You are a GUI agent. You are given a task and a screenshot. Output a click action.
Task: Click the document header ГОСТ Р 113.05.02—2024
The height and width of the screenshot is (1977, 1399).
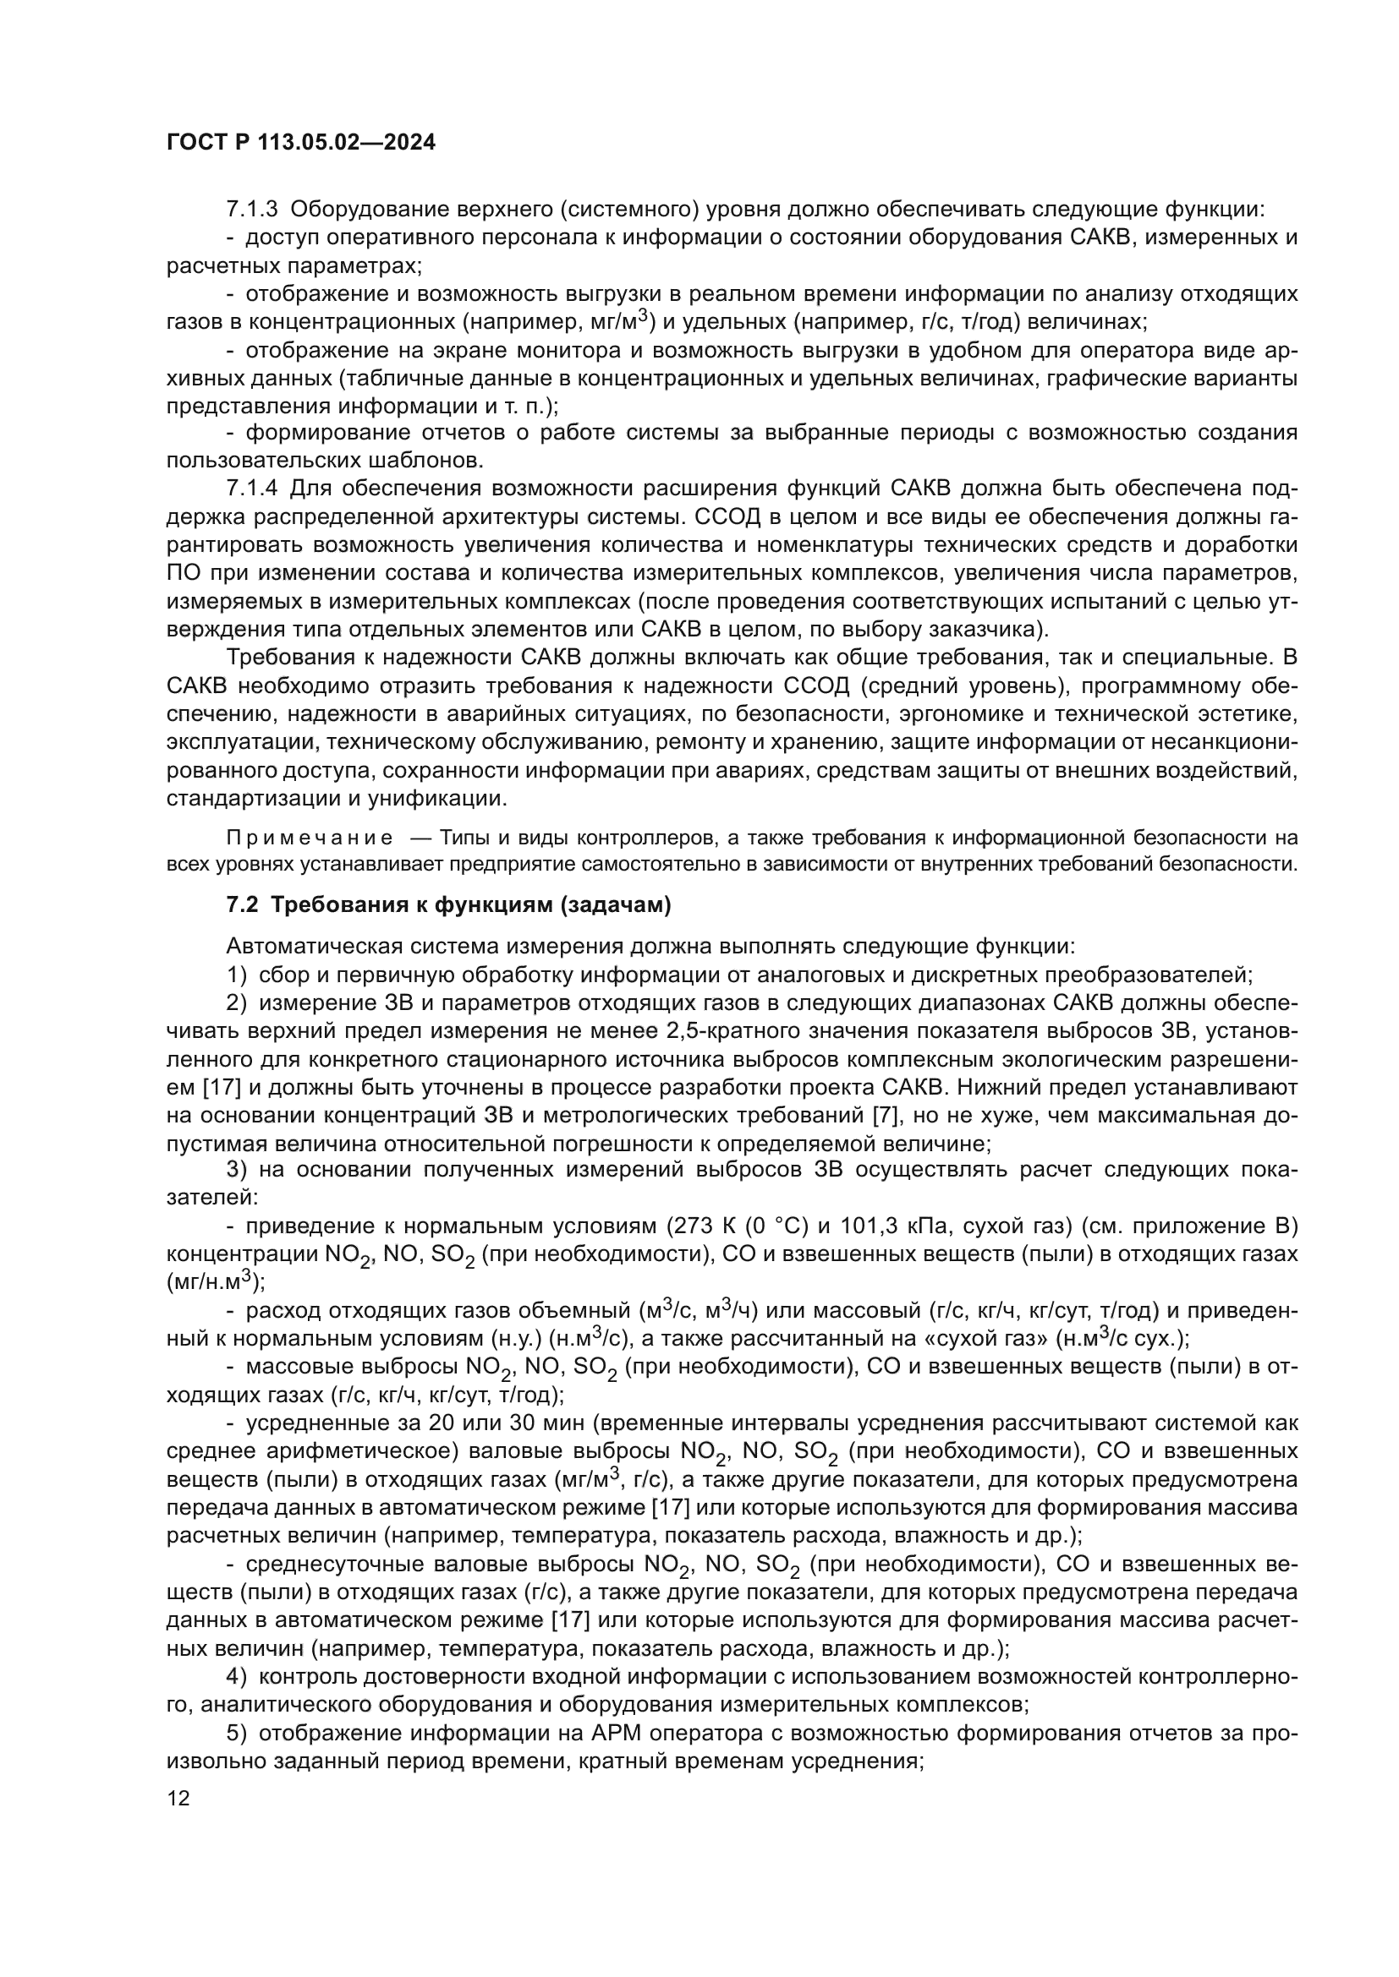(300, 143)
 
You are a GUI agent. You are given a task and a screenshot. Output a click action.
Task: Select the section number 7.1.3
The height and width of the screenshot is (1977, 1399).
(252, 210)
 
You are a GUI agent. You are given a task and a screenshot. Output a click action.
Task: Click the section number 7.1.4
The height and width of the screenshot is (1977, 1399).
(252, 489)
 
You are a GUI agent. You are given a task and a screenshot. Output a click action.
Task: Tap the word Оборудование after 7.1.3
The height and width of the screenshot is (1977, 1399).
(369, 210)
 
